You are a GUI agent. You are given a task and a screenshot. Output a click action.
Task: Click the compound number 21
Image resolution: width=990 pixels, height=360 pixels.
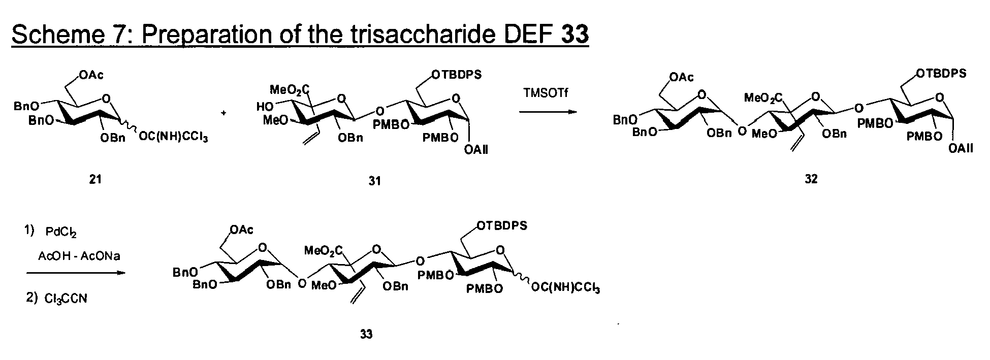pyautogui.click(x=95, y=179)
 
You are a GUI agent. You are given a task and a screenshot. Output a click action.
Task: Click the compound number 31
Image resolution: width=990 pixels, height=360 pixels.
pyautogui.click(x=374, y=180)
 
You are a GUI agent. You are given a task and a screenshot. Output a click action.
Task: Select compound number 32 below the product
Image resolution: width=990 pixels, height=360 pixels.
pyautogui.click(x=811, y=179)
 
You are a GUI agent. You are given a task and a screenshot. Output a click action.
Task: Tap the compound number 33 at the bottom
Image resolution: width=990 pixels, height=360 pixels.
pyautogui.click(x=366, y=334)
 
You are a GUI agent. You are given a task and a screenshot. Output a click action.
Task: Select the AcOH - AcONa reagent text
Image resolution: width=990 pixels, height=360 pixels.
pyautogui.click(x=79, y=256)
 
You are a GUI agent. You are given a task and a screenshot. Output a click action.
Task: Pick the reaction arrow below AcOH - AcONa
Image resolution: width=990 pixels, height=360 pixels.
pyautogui.click(x=75, y=273)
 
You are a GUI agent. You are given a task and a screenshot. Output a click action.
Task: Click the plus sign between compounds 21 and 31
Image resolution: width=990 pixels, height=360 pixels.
pyautogui.click(x=223, y=113)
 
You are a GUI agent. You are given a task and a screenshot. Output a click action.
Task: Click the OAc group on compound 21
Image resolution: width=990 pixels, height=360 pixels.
pyautogui.click(x=91, y=76)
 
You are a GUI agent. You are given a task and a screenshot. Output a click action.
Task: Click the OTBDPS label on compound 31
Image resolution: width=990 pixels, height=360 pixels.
pyautogui.click(x=456, y=75)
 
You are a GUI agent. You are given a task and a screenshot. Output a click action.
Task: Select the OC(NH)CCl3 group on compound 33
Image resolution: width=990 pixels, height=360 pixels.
pyautogui.click(x=565, y=288)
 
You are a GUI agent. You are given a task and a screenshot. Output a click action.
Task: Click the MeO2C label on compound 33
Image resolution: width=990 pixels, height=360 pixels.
pyautogui.click(x=323, y=250)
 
